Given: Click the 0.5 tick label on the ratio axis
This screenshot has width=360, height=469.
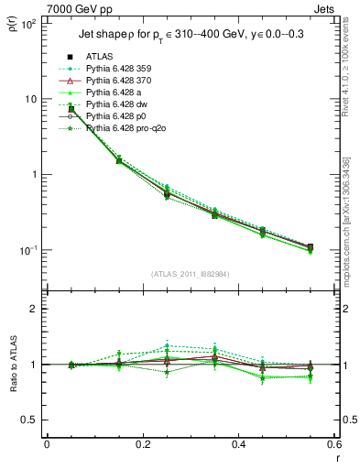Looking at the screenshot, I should (30, 420).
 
